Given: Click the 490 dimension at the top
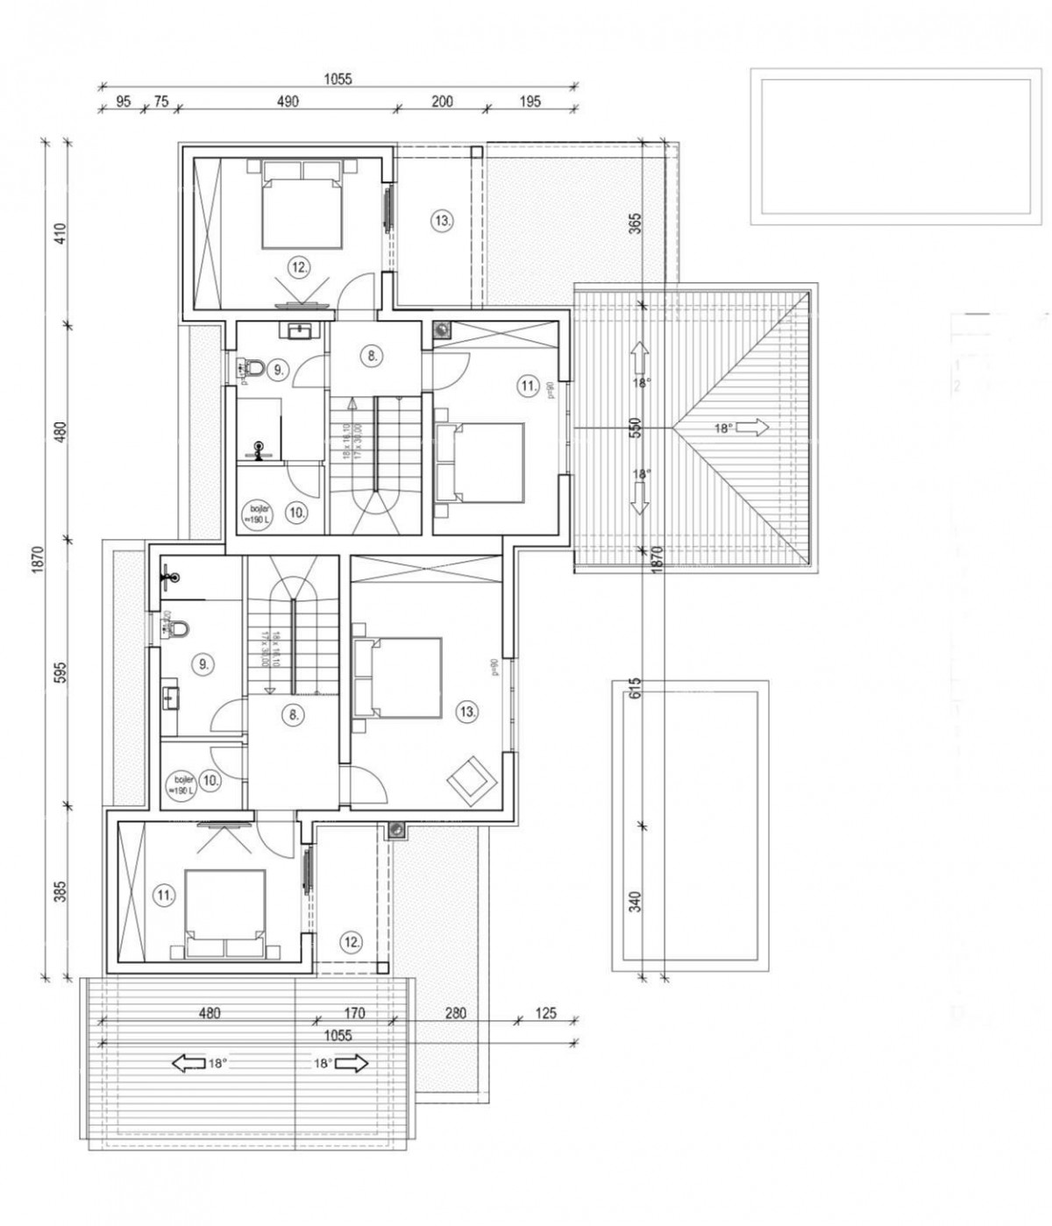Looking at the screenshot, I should [288, 102].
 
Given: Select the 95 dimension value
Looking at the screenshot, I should [123, 102].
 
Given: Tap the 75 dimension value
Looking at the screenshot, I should [160, 102].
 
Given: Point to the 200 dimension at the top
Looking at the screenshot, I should [443, 102].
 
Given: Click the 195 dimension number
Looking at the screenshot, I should [530, 102].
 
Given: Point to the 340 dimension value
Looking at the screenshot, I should [636, 901].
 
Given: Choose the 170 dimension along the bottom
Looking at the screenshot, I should [354, 1013].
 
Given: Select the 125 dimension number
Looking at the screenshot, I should [545, 1013].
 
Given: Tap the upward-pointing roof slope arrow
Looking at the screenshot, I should [638, 356].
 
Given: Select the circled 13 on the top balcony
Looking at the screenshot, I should [443, 221].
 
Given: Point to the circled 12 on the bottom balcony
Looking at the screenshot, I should [351, 942].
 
